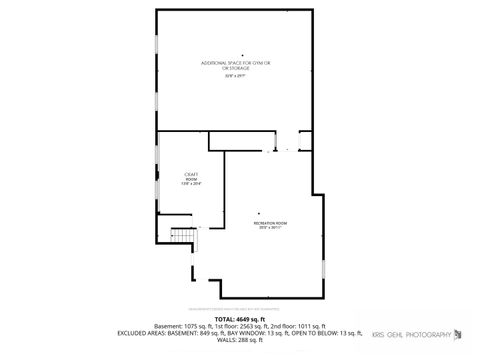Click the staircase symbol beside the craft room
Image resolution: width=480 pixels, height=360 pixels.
click(x=181, y=236)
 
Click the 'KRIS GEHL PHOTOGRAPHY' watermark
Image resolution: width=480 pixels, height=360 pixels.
click(x=412, y=333)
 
